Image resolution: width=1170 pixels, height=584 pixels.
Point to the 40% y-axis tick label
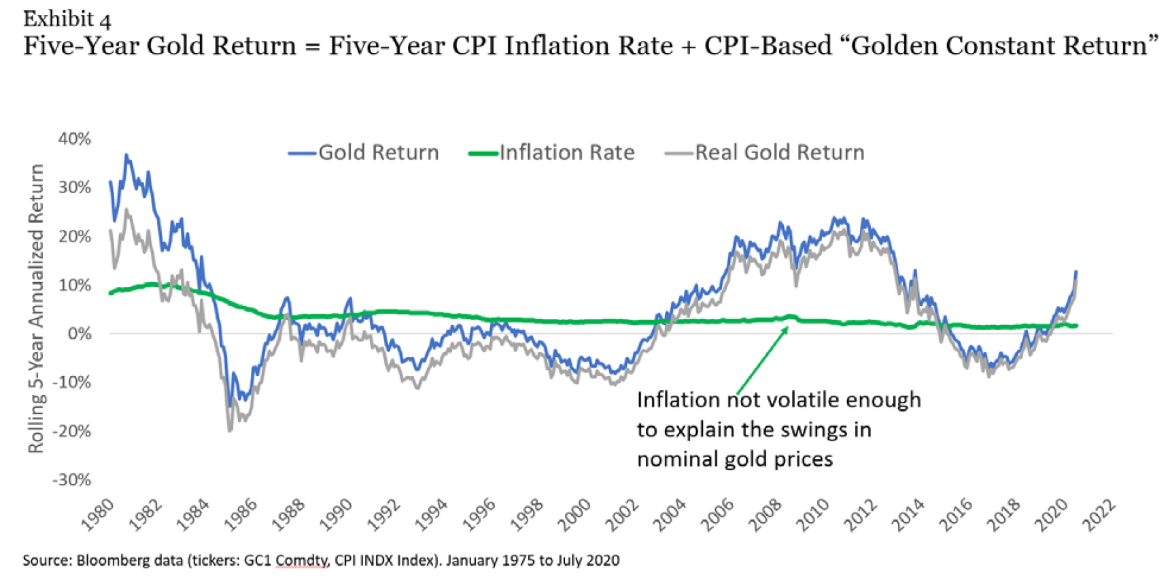[x=74, y=139]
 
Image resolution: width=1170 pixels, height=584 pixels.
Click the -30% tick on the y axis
[x=72, y=480]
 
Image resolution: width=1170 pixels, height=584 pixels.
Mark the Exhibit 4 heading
[x=67, y=18]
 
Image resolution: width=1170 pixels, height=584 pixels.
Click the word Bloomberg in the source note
[x=111, y=561]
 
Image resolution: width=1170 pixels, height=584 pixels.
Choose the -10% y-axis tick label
[x=72, y=383]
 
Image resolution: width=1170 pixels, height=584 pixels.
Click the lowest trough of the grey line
[x=230, y=430]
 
